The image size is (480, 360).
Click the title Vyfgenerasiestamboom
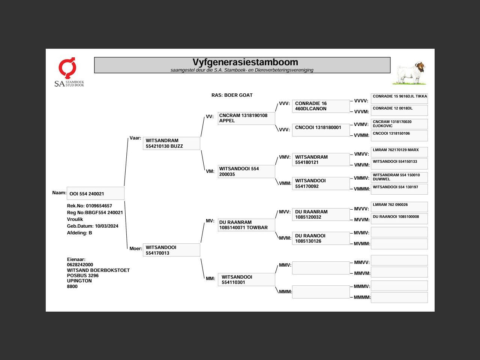coord(245,62)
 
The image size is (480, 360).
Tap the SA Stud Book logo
coord(69,72)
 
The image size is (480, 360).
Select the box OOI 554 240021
coord(95,193)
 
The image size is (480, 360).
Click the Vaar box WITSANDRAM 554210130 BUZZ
coord(171,143)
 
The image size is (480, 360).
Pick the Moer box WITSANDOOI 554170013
coord(171,250)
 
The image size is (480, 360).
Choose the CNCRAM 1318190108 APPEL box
coord(246,118)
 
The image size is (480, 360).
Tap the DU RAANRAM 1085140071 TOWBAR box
coord(246,225)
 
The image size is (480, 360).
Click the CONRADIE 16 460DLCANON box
coord(321,106)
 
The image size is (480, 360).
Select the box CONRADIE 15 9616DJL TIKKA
coord(399,98)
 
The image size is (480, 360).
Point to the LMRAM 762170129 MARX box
coord(399,152)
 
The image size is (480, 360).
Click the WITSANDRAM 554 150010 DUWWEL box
coord(399,177)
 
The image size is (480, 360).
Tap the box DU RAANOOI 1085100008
coord(399,219)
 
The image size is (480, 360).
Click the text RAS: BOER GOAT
coord(232,95)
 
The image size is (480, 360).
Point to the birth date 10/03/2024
coord(106,226)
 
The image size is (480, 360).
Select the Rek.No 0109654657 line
coord(90,206)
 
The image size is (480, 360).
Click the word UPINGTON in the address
coord(79,281)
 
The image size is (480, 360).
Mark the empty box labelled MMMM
coord(399,297)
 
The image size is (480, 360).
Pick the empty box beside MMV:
coord(321,268)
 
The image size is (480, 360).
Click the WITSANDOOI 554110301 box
coord(246,280)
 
